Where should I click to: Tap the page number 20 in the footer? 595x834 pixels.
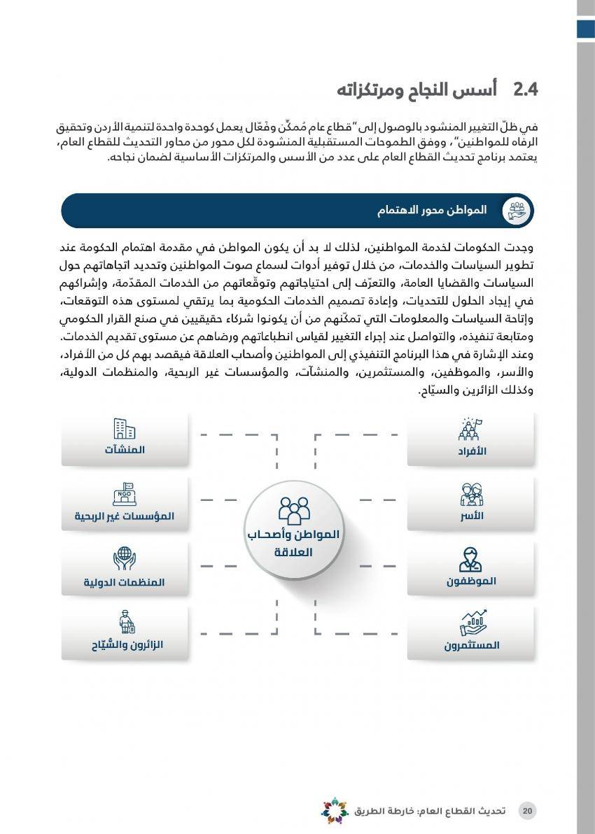pyautogui.click(x=528, y=811)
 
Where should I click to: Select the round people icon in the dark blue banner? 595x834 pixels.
pyautogui.click(x=517, y=211)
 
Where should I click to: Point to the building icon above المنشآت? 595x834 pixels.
pyautogui.click(x=124, y=429)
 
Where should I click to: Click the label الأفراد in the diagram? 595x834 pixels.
pyautogui.click(x=472, y=451)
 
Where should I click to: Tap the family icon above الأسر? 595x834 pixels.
pyautogui.click(x=472, y=494)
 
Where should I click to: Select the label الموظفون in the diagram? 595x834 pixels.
pyautogui.click(x=471, y=581)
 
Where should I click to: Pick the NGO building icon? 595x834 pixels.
pyautogui.click(x=124, y=494)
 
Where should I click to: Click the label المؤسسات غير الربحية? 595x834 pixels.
pyautogui.click(x=125, y=516)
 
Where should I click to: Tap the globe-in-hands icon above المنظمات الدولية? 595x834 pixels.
pyautogui.click(x=124, y=558)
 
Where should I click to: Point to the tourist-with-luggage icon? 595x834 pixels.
pyautogui.click(x=125, y=621)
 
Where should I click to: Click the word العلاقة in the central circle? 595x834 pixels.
pyautogui.click(x=293, y=552)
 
